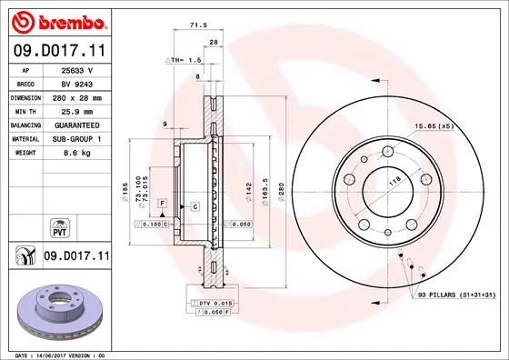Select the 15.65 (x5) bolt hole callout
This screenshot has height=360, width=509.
[x=434, y=125]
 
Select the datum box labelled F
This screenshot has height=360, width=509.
[x=161, y=202]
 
